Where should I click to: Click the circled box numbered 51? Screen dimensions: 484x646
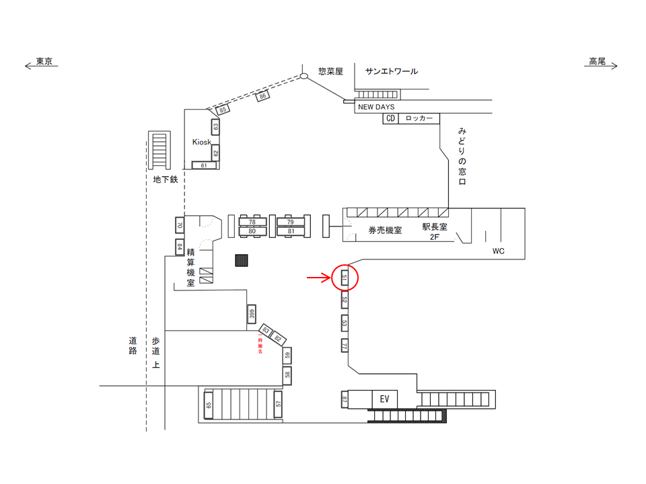[x=344, y=277]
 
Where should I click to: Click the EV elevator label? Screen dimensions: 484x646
[x=385, y=399]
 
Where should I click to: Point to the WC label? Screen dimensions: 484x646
[x=498, y=251]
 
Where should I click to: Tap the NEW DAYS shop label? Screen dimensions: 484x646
[x=376, y=107]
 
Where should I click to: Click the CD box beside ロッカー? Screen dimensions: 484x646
[x=390, y=118]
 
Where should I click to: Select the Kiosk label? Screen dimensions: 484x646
[x=201, y=143]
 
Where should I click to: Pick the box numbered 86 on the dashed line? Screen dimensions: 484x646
[x=264, y=97]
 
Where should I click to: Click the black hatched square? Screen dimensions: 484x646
[x=241, y=260]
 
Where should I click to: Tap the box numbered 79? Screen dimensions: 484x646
[x=290, y=222]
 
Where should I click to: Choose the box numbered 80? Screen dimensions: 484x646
[x=252, y=232]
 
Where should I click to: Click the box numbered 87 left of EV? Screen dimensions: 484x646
[x=344, y=400]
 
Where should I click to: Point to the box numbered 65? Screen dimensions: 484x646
[x=209, y=405]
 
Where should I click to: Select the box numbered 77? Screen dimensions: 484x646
[x=344, y=346]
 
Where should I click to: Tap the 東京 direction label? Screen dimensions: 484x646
[x=44, y=61]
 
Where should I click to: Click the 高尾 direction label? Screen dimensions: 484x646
[x=597, y=61]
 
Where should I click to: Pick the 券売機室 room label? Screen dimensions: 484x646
[x=385, y=230]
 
